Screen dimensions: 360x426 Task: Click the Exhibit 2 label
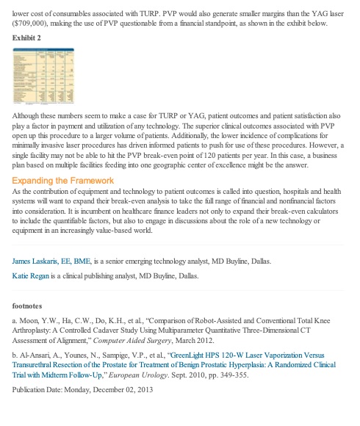pyautogui.click(x=27, y=37)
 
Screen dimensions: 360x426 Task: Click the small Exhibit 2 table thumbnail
pyautogui.click(x=45, y=76)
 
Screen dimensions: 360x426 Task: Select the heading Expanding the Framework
pyautogui.click(x=62, y=181)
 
